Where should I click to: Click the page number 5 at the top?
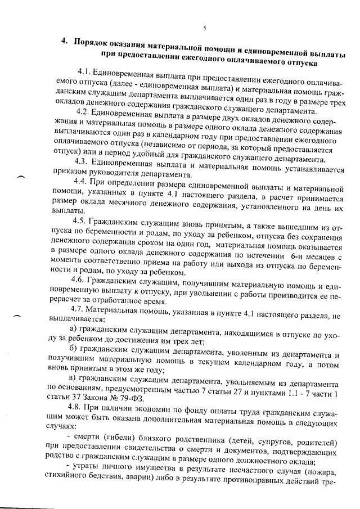pos(205,28)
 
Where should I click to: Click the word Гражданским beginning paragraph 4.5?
pos(122,220)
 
